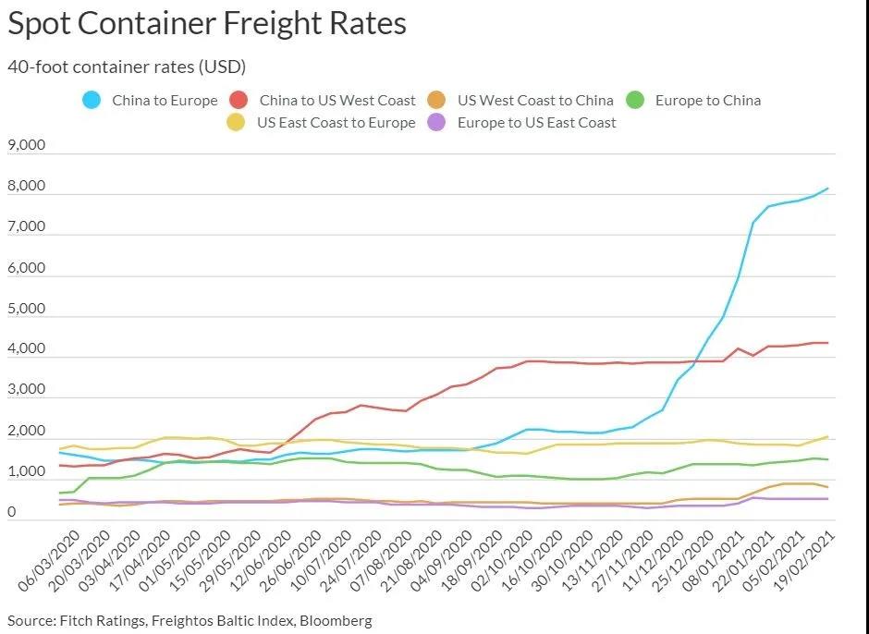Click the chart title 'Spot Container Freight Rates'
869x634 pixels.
point(207,24)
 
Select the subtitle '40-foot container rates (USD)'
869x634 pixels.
point(126,67)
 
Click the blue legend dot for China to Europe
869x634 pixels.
point(92,100)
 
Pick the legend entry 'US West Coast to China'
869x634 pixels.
point(535,100)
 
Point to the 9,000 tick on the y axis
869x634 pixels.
point(27,146)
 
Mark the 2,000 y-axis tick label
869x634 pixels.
point(27,432)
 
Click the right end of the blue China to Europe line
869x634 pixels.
point(827,189)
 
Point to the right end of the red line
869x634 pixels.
point(827,343)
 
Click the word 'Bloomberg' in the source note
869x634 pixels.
point(337,620)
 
